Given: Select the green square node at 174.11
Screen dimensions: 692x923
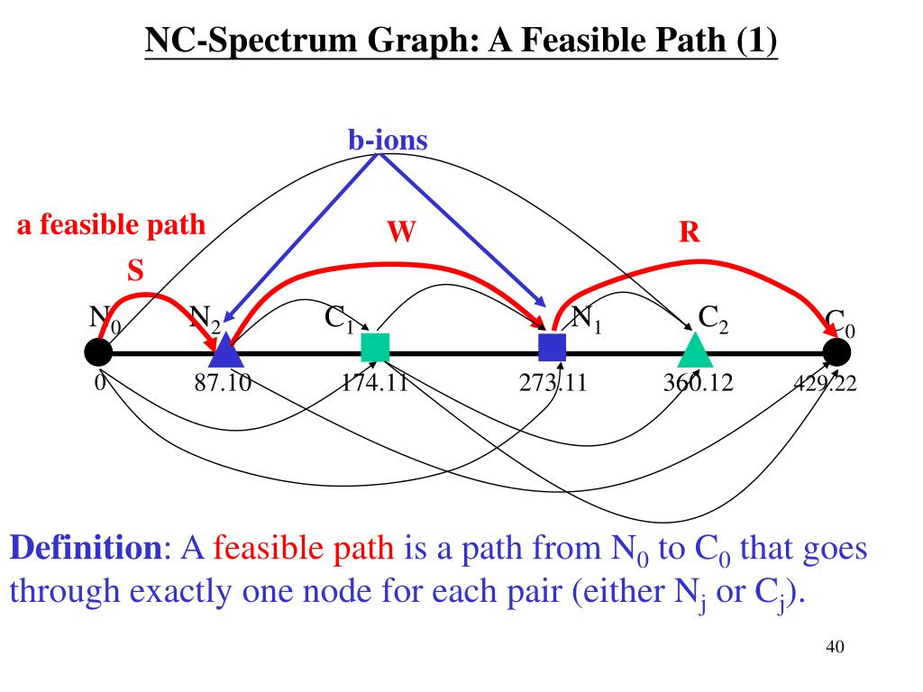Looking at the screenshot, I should [x=375, y=347].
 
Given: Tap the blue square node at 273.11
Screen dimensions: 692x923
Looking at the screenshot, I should [x=552, y=347].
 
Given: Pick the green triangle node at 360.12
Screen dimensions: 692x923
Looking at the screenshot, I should [x=694, y=350].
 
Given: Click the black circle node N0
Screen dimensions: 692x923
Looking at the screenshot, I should [x=98, y=352].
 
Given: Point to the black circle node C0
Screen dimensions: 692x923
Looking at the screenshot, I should [x=836, y=352].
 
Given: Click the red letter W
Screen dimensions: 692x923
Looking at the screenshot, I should [x=401, y=232].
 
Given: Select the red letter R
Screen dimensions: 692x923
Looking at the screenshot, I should [x=690, y=232].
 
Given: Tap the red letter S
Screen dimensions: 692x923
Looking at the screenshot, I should [x=135, y=270].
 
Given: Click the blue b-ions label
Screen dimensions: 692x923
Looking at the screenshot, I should [x=388, y=140].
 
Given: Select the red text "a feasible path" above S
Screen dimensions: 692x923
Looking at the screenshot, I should [x=111, y=225].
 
